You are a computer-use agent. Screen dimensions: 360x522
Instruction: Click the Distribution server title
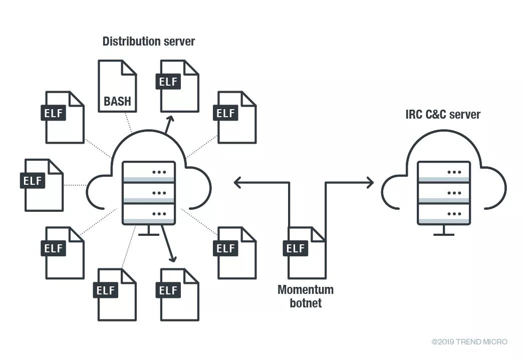click(149, 42)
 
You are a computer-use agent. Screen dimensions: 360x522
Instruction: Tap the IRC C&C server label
click(442, 115)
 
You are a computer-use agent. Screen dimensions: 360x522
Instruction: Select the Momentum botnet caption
click(306, 296)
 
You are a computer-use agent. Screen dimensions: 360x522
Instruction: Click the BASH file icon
click(117, 86)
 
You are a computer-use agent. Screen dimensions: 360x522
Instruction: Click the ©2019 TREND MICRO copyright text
click(469, 342)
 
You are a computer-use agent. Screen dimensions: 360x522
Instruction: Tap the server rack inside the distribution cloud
click(149, 192)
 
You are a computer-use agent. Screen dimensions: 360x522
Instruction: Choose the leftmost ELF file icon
click(43, 185)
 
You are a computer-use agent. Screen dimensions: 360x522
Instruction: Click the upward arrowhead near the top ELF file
click(170, 119)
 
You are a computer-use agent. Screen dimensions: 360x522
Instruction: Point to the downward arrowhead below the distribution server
click(173, 258)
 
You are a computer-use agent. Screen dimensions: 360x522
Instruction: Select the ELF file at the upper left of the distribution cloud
click(64, 117)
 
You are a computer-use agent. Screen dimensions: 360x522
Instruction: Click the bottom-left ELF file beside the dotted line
click(64, 252)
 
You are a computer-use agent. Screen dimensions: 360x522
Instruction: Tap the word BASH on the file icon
click(117, 102)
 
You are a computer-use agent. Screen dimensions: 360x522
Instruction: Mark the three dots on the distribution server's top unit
click(159, 172)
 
